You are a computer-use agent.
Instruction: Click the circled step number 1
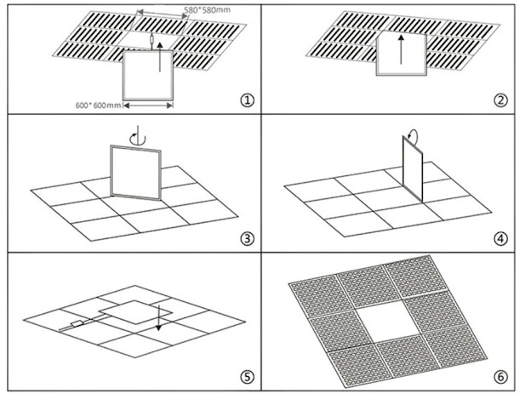(x=247, y=100)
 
